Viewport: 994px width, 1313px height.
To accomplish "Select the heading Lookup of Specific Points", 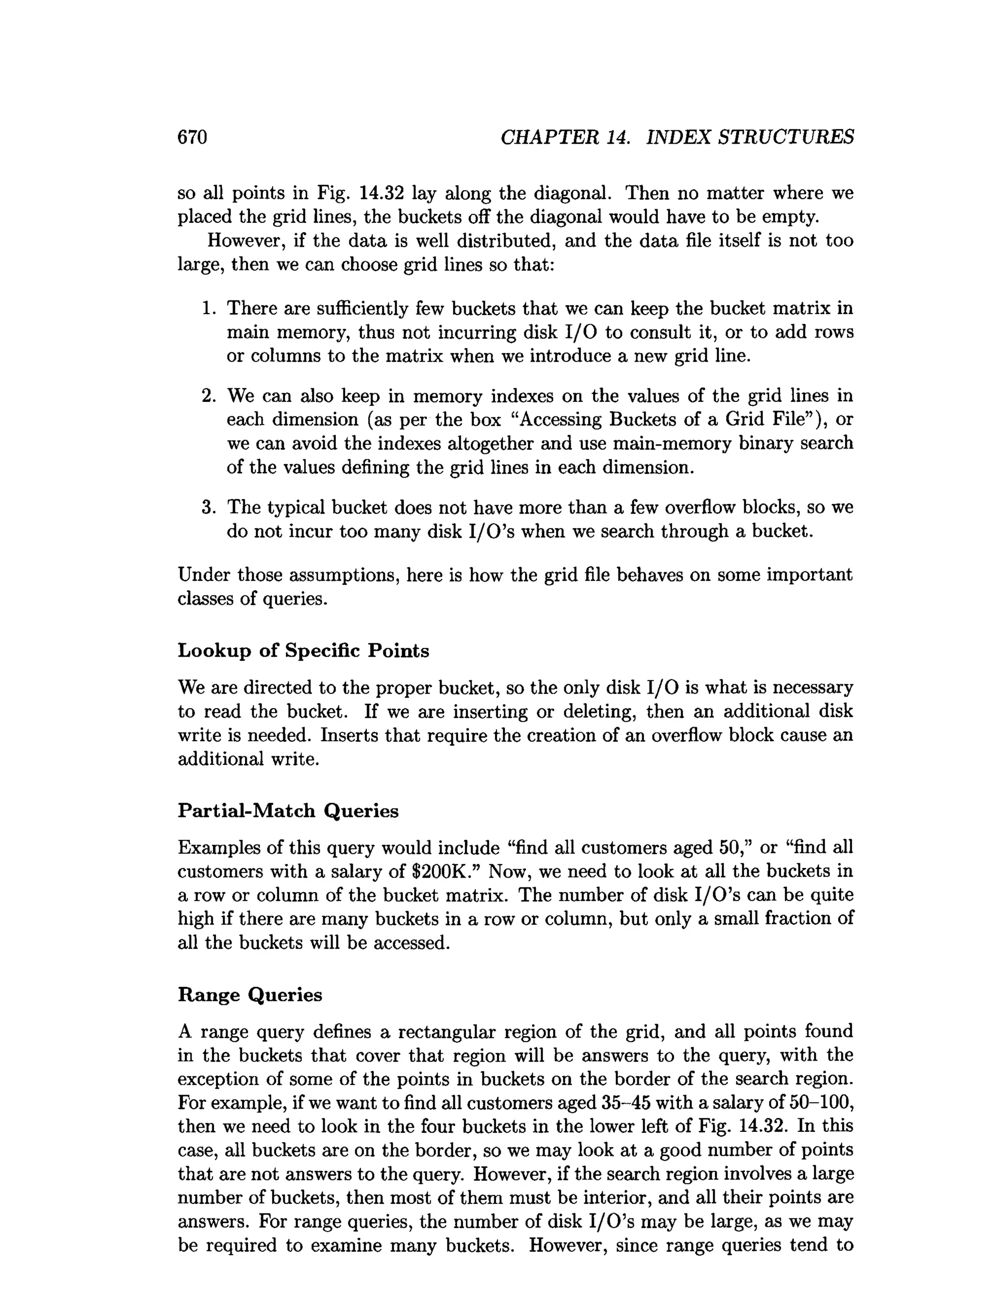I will (x=303, y=650).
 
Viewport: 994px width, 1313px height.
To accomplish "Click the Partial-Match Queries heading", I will (x=288, y=810).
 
